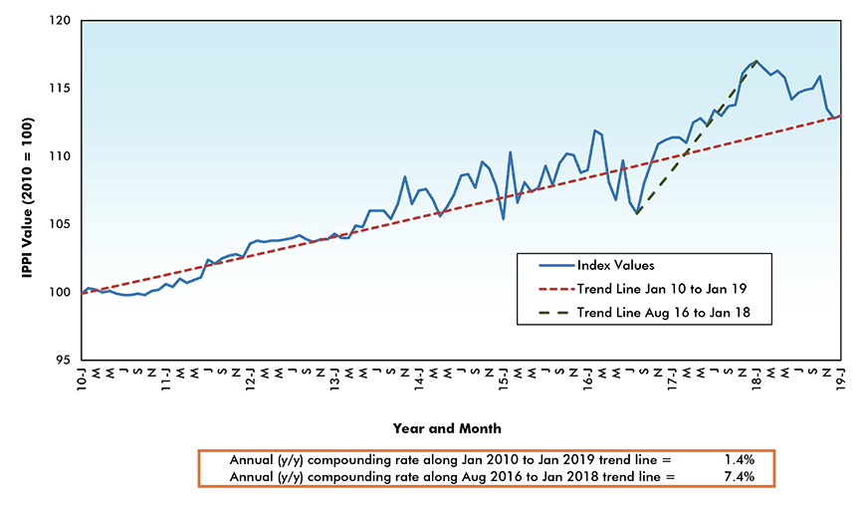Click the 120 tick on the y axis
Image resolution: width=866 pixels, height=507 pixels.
(65, 21)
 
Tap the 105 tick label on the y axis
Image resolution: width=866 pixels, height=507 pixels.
(65, 225)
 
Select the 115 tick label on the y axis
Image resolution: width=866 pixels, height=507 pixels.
(65, 89)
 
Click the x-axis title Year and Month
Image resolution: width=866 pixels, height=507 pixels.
(445, 428)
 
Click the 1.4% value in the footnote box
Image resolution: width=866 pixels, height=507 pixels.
(738, 460)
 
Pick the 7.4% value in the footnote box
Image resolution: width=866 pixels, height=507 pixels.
(738, 476)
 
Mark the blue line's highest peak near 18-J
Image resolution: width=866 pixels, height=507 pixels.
(757, 62)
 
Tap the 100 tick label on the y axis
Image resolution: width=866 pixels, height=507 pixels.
(65, 293)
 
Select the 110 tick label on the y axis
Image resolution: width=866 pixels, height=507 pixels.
(65, 156)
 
